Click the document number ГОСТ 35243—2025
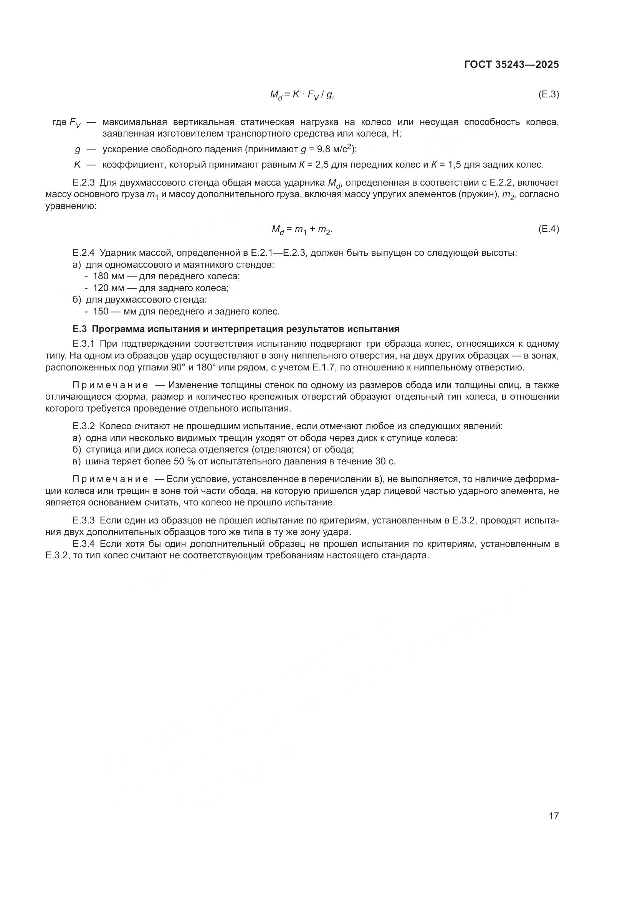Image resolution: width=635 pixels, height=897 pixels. [511, 65]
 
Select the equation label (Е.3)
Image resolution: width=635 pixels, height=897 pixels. [549, 95]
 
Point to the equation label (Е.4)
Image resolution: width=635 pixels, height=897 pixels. [549, 229]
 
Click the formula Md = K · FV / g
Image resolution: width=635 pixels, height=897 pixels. [302, 95]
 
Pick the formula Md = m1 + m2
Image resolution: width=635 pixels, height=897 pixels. [302, 230]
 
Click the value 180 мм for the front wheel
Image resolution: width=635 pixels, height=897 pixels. [108, 276]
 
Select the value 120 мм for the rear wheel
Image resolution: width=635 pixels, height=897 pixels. [108, 288]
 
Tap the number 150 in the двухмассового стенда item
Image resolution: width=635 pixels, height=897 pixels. [100, 311]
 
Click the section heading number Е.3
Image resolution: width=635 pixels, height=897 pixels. [80, 329]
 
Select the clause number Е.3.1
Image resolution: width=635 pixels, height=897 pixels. [84, 344]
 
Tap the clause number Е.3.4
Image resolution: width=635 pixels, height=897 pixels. [84, 544]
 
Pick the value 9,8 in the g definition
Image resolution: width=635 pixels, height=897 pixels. [323, 149]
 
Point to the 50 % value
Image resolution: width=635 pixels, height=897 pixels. [184, 461]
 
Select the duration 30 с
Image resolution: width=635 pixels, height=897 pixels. [385, 461]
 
